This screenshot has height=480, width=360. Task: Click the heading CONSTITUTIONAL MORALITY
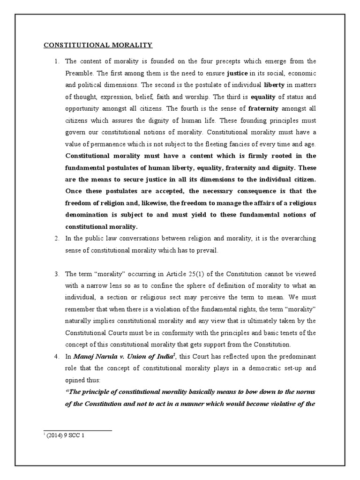(98, 45)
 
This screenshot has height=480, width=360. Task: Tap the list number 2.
(56, 239)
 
